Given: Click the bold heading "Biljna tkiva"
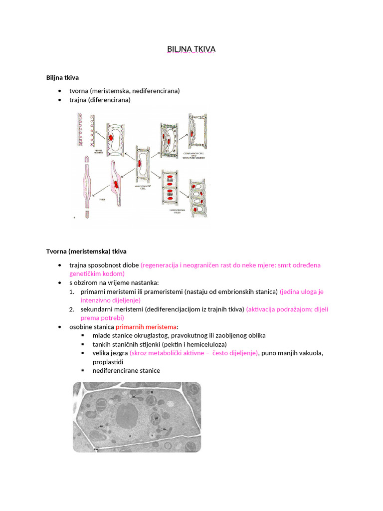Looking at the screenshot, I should (x=62, y=77).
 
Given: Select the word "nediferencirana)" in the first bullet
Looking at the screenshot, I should (x=156, y=91).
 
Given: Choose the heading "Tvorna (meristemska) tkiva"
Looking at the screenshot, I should (x=86, y=251).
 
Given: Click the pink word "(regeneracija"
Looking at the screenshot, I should (x=160, y=265).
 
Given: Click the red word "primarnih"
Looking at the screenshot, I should (x=130, y=327).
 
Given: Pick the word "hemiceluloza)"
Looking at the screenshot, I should (x=205, y=344).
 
